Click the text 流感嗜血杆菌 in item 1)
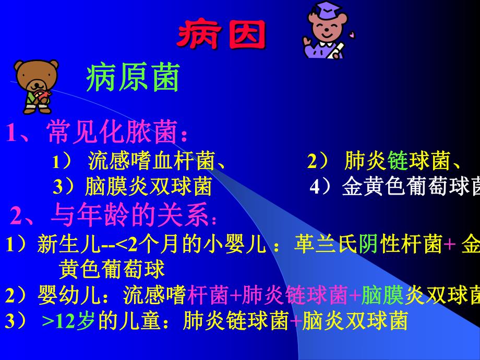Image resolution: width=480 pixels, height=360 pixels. [151, 161]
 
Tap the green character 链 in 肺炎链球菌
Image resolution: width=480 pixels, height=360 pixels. [394, 162]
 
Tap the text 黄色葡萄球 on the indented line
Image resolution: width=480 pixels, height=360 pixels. [112, 269]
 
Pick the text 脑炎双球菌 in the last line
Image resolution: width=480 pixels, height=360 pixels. [354, 320]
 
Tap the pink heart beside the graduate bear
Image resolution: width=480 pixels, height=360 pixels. [352, 35]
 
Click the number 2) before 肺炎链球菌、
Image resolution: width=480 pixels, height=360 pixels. [317, 162]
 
